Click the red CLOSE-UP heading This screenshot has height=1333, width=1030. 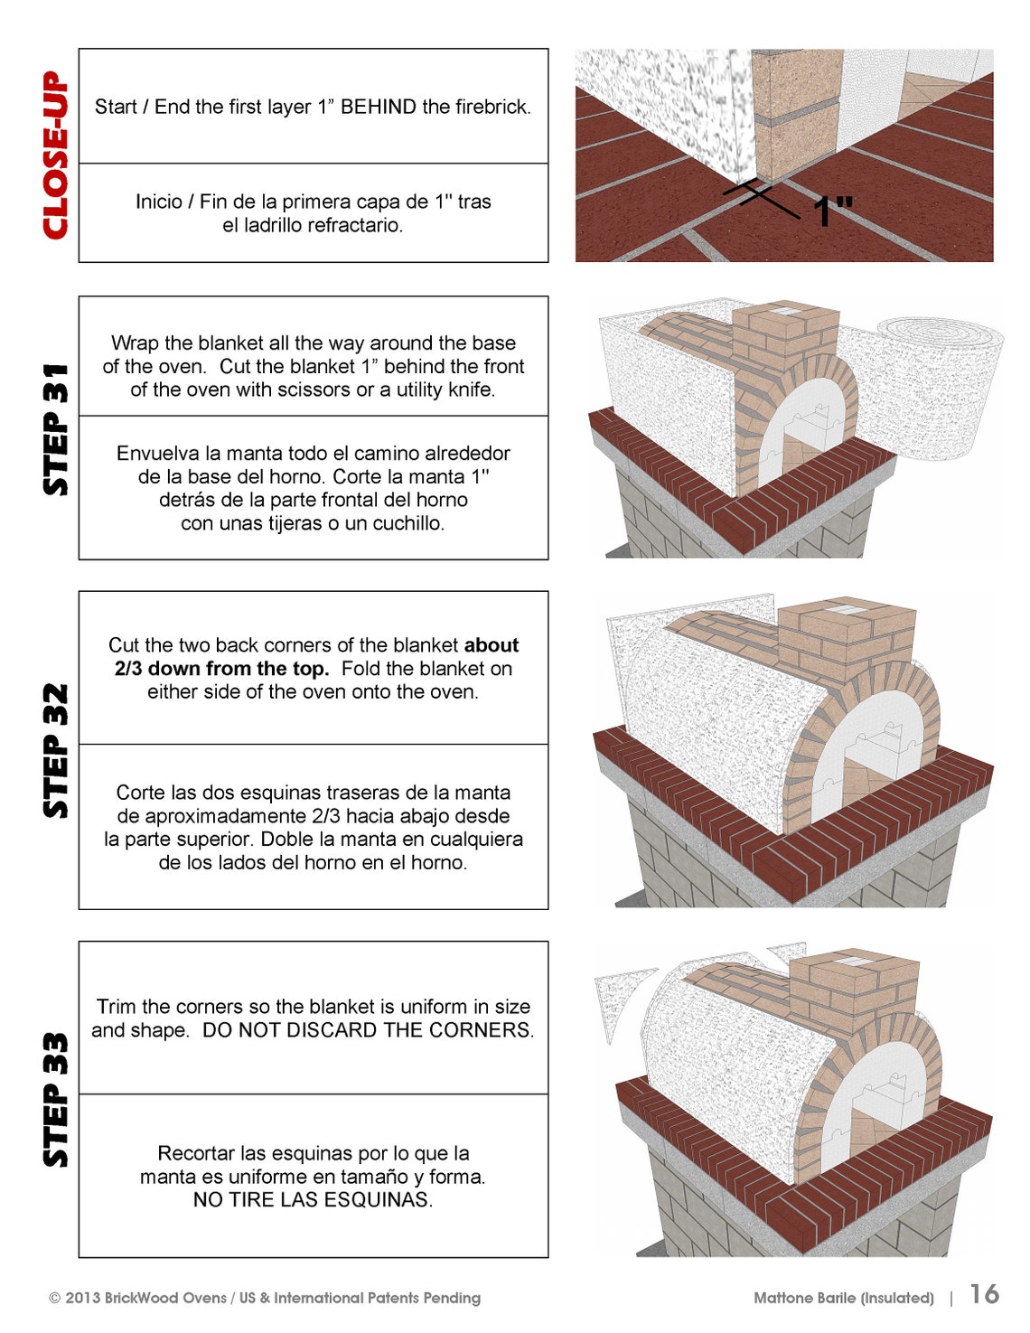coord(56,155)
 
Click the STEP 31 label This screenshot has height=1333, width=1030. coord(56,428)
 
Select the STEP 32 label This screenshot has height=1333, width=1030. coord(56,750)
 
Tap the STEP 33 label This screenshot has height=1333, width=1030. coord(56,1099)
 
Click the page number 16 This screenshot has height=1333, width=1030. coord(984,1294)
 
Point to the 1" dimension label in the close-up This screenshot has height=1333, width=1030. coord(831,211)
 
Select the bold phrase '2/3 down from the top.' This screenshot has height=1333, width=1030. coord(221,669)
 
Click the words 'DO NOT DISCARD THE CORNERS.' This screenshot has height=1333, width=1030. coord(368,1030)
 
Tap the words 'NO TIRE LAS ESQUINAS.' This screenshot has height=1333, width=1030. coord(313,1200)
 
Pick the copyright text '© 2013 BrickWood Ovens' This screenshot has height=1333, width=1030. coord(138,1298)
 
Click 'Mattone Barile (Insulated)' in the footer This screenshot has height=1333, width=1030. coord(843,1298)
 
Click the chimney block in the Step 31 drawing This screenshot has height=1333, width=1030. coord(784,334)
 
